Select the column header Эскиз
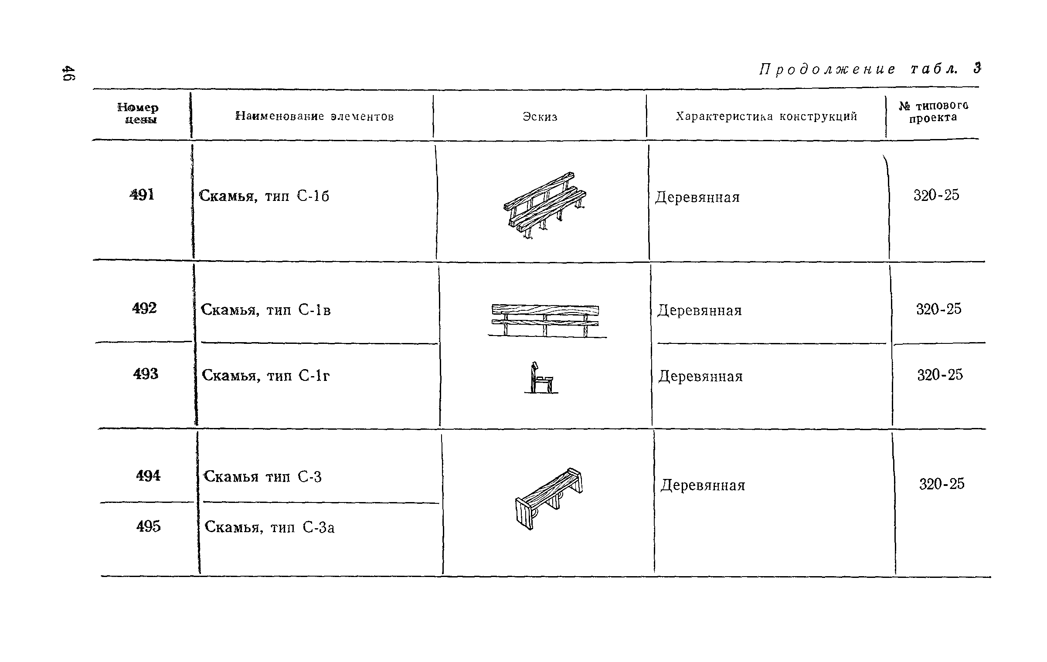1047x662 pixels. point(540,117)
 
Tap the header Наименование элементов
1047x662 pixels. point(314,116)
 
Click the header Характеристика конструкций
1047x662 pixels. point(766,116)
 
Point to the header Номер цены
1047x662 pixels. point(138,113)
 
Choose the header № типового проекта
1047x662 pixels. point(933,112)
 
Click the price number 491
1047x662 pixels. point(142,194)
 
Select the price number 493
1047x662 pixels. point(146,374)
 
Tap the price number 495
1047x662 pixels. point(149,526)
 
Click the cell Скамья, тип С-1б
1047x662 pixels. point(264,196)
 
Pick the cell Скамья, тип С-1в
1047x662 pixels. point(266,310)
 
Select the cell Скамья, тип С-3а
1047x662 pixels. point(269,527)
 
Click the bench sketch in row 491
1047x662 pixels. point(545,205)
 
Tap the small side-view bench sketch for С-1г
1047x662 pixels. point(540,378)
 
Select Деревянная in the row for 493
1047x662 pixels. point(700,376)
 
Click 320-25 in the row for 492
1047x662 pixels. point(938,309)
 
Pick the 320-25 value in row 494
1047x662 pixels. point(942,484)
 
